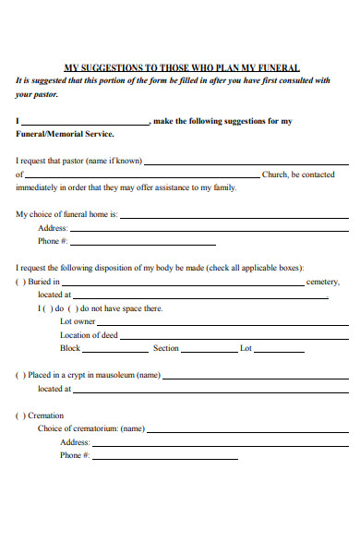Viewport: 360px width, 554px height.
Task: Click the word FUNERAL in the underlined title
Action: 273,67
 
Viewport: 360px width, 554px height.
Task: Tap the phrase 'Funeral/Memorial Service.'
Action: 65,134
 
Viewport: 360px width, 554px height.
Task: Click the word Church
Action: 277,175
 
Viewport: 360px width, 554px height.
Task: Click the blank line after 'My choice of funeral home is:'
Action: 234,215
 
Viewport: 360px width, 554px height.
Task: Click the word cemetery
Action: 323,283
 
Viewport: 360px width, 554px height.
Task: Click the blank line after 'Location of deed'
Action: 234,336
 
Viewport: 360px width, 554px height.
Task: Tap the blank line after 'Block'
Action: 115,349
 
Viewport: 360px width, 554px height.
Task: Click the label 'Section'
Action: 166,349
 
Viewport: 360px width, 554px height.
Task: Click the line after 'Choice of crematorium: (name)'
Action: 248,429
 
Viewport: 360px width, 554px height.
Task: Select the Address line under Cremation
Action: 222,443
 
